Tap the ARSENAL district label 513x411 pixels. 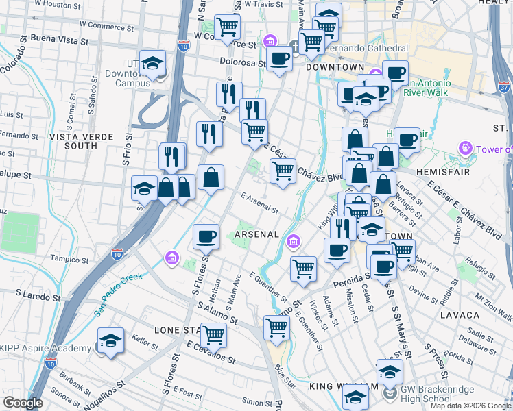click(256, 234)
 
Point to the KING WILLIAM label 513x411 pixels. click(344, 386)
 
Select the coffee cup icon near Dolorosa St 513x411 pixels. click(280, 60)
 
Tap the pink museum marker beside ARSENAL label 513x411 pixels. click(294, 240)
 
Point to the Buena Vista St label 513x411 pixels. click(55, 41)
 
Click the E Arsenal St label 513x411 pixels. click(259, 203)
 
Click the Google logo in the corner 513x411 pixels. click(23, 403)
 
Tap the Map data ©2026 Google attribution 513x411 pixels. click(470, 406)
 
